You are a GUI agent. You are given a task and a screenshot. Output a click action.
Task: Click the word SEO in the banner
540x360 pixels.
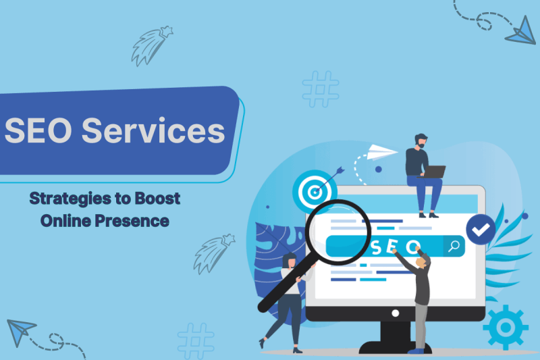(x=38, y=130)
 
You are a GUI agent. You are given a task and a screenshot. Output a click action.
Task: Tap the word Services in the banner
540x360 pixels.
(x=153, y=130)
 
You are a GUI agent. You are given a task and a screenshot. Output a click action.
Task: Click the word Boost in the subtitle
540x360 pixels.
(x=157, y=198)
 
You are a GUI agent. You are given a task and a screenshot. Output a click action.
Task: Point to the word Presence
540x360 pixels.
(x=132, y=221)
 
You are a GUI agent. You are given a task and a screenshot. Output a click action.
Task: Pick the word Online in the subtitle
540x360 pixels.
(x=65, y=221)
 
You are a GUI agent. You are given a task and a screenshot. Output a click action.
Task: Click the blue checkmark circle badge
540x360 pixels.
(x=481, y=229)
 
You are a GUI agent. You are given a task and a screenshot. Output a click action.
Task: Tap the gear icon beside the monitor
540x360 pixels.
(x=505, y=328)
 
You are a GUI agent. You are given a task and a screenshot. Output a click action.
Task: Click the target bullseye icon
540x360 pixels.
(x=314, y=192)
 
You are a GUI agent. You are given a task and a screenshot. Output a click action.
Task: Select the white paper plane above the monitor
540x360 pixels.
(x=381, y=152)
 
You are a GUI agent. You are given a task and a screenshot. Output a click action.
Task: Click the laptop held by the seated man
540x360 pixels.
(x=433, y=172)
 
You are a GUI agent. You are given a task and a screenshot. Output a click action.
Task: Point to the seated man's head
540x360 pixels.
(x=421, y=140)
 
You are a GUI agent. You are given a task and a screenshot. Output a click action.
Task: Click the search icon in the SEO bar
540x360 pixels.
(x=454, y=246)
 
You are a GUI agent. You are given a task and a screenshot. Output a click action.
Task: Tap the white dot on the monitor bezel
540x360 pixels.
(x=396, y=313)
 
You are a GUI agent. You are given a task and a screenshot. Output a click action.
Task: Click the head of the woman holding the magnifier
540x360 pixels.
(x=290, y=261)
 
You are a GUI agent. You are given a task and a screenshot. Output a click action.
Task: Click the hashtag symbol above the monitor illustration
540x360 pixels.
(x=321, y=89)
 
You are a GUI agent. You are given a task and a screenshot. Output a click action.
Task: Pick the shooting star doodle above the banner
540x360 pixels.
(x=151, y=46)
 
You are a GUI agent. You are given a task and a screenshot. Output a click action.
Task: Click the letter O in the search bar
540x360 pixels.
(x=412, y=247)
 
